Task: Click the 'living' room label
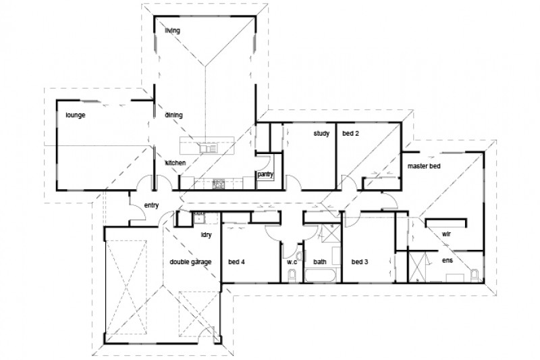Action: [x=173, y=30]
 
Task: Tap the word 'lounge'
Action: [x=75, y=115]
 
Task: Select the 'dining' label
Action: [x=174, y=115]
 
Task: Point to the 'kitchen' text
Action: [x=176, y=163]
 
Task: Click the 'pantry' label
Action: [x=265, y=174]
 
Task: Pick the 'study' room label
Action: [x=321, y=134]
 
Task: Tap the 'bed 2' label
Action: [x=351, y=134]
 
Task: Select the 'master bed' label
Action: [x=423, y=165]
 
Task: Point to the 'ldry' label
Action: [x=208, y=235]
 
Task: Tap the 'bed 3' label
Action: [x=360, y=261]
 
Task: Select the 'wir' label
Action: [x=446, y=234]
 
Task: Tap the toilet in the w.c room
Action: [x=291, y=276]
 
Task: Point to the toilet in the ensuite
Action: [x=475, y=273]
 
